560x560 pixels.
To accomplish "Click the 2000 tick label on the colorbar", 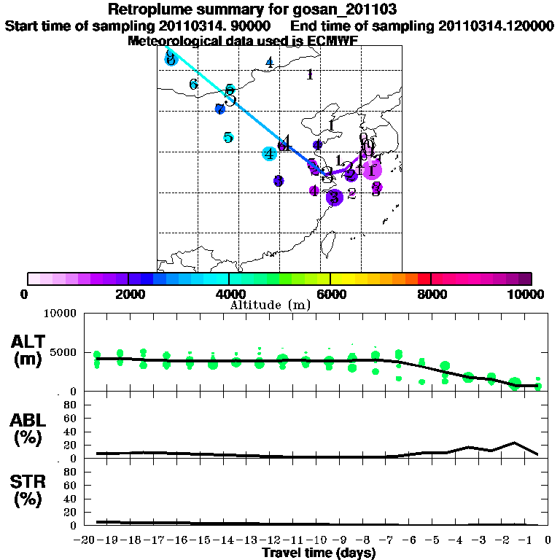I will pos(128,295).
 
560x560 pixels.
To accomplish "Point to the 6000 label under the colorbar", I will pos(330,295).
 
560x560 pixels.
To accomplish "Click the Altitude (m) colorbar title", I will pos(270,305).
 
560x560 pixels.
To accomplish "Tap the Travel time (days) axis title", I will pos(319,553).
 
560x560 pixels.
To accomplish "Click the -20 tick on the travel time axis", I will pos(87,540).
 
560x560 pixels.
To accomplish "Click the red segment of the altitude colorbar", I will pos(424,279).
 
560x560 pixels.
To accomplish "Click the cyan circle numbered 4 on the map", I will pos(270,153).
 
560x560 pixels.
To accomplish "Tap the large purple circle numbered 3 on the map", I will pos(334,197).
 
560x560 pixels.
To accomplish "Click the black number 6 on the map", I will pos(193,85).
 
